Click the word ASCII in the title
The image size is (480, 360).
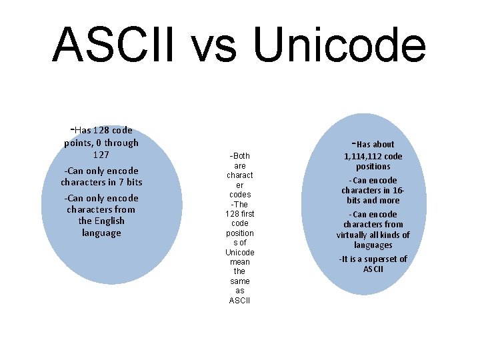[113, 45]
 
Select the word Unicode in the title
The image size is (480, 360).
[339, 45]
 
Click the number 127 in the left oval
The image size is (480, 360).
[101, 155]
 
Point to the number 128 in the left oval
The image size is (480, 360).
[101, 130]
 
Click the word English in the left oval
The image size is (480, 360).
[109, 221]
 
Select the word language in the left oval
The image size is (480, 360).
[101, 233]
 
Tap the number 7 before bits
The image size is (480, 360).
[121, 182]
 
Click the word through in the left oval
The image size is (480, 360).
[121, 143]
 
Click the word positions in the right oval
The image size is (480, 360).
[373, 167]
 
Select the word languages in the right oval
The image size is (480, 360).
[373, 245]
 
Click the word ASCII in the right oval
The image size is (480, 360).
[373, 269]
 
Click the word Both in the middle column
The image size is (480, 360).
[241, 156]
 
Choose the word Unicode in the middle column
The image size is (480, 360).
[240, 253]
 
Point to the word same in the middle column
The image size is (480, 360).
[240, 281]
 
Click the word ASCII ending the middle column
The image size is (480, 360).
[239, 301]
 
